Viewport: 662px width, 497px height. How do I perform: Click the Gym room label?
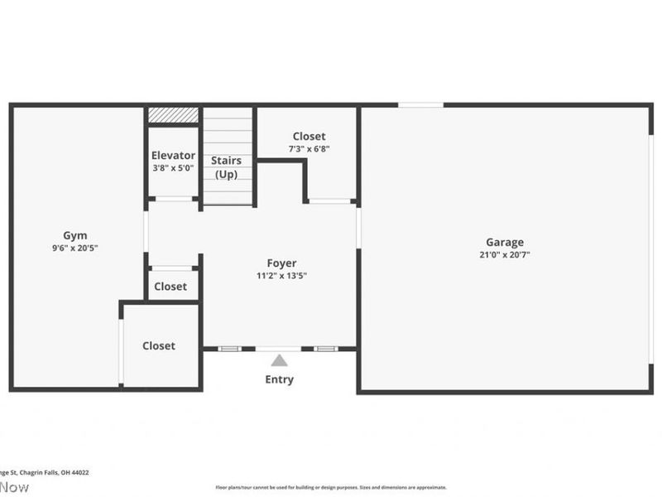click(75, 235)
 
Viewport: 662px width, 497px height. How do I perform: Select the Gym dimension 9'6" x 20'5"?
click(75, 248)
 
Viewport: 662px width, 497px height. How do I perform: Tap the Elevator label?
click(173, 156)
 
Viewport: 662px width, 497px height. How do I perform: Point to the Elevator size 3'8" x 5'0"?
click(173, 168)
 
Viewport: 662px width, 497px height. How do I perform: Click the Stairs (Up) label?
click(226, 167)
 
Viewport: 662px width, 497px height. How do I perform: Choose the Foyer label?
click(281, 263)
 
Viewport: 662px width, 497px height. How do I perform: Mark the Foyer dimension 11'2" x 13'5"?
click(281, 276)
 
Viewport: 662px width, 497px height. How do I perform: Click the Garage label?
click(505, 243)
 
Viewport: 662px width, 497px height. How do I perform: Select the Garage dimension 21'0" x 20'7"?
click(505, 255)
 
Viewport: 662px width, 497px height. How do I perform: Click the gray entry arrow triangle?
click(280, 360)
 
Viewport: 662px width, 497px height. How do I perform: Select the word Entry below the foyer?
click(280, 380)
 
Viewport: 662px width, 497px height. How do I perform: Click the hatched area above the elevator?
click(173, 115)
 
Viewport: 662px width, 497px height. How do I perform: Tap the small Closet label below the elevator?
click(170, 287)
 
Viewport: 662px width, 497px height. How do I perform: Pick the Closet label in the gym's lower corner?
click(159, 346)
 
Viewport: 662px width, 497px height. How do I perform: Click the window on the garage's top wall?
click(420, 105)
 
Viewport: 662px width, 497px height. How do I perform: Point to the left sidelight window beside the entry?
click(229, 349)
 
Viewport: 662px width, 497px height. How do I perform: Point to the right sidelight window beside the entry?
click(325, 349)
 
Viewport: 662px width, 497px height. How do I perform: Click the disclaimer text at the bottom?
click(331, 488)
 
